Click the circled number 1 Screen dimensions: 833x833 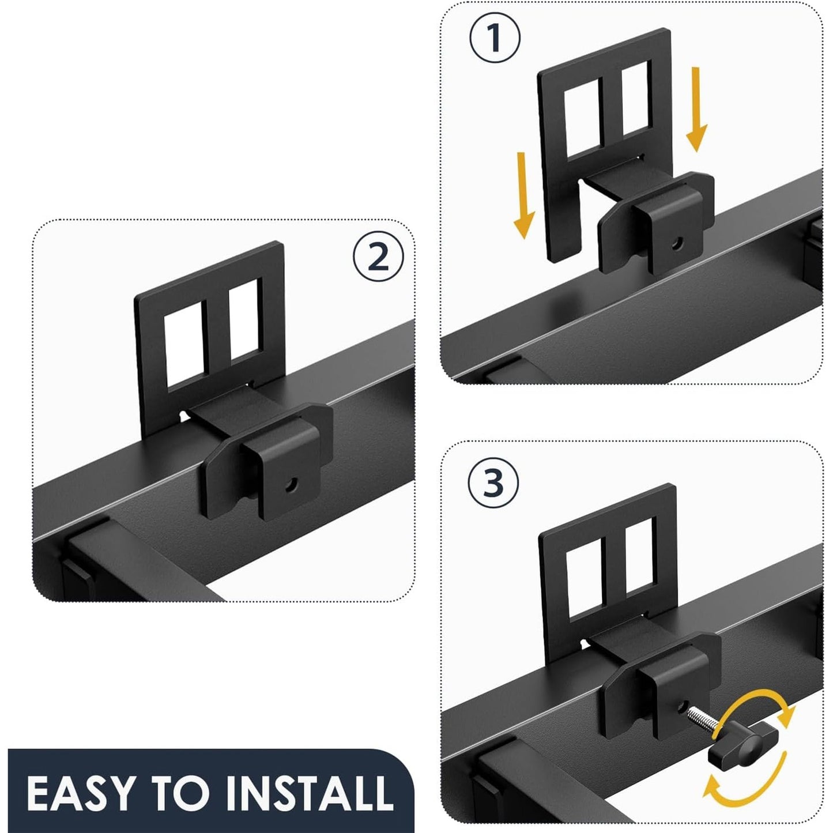pos(495,38)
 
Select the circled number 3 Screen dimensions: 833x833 pos(493,483)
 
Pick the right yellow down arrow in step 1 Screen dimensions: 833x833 pos(696,110)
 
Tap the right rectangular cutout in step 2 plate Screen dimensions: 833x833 pos(244,319)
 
